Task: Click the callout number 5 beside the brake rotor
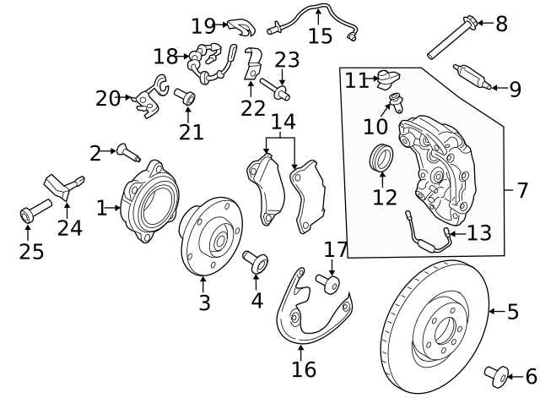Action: click(x=512, y=313)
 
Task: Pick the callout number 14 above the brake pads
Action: click(x=282, y=123)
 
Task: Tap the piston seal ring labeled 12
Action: click(x=382, y=157)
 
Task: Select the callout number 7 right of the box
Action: click(x=522, y=189)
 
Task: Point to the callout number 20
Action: click(x=108, y=99)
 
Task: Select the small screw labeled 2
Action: click(x=128, y=152)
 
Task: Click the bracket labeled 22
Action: click(x=252, y=66)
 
